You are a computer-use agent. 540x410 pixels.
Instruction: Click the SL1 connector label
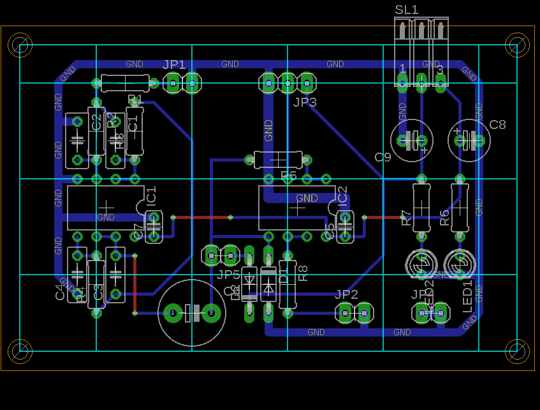click(x=407, y=10)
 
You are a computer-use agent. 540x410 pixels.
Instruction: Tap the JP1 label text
click(x=174, y=65)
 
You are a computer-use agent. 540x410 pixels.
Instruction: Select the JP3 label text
click(x=305, y=102)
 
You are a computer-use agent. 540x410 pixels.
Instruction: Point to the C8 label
click(x=497, y=125)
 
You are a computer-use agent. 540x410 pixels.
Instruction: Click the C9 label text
click(x=383, y=158)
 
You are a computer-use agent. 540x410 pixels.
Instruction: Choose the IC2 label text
click(x=342, y=196)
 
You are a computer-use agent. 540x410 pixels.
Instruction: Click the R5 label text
click(x=289, y=176)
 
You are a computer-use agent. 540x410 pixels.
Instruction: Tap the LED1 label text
click(x=468, y=296)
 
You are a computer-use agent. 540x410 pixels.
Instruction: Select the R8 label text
click(x=303, y=273)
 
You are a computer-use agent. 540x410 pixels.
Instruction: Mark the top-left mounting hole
click(x=20, y=45)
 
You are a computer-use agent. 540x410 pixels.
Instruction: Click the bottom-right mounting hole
click(x=517, y=351)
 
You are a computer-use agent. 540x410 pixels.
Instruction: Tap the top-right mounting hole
click(x=517, y=45)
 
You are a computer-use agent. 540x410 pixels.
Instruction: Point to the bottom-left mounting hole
click(x=20, y=351)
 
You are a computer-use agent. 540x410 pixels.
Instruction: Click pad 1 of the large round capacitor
click(x=172, y=313)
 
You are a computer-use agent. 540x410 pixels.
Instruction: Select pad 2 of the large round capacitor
click(x=211, y=313)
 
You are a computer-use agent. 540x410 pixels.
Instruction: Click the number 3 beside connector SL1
click(x=439, y=68)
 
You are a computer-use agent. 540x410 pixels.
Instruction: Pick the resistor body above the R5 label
click(x=279, y=159)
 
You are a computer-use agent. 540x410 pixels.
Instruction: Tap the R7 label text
click(x=406, y=218)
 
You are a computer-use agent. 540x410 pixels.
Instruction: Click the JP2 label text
click(x=346, y=294)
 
